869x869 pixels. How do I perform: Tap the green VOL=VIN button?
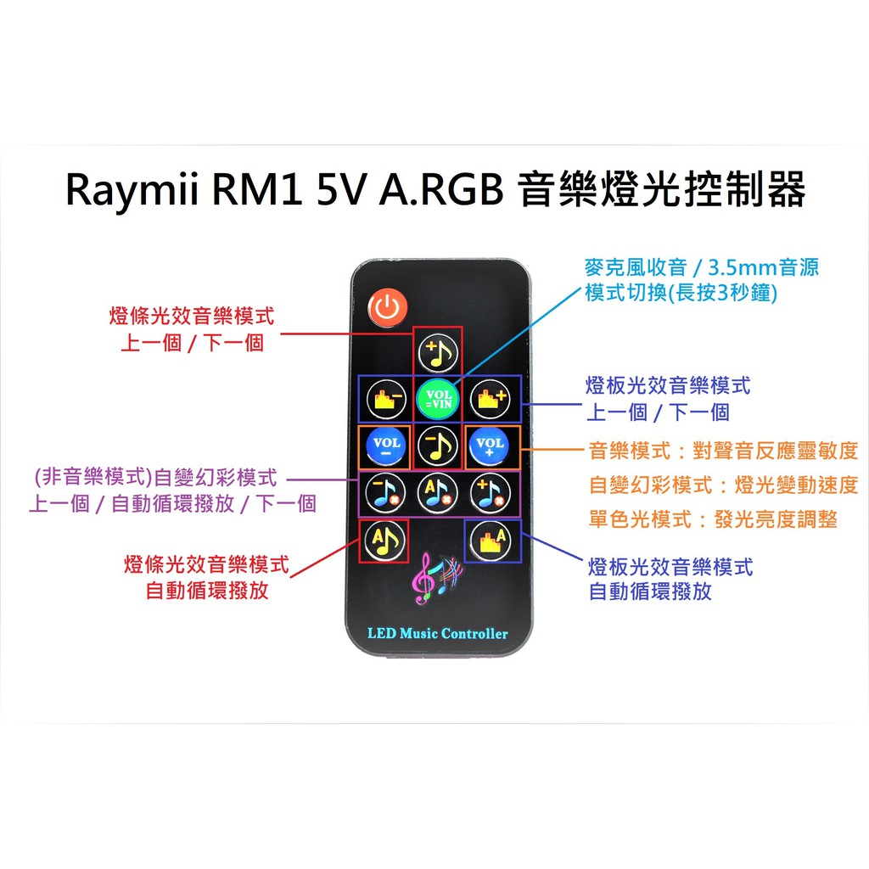(x=438, y=398)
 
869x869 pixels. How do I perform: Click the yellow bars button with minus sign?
(x=386, y=398)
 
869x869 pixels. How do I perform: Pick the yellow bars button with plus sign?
(x=491, y=398)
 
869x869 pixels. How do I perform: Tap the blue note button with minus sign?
(x=386, y=491)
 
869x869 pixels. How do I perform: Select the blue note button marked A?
(x=438, y=491)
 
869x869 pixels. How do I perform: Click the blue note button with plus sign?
(x=491, y=491)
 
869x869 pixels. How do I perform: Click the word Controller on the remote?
(x=474, y=633)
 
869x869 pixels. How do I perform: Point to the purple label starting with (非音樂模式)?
(x=152, y=478)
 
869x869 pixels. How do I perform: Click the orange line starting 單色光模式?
(x=713, y=519)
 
